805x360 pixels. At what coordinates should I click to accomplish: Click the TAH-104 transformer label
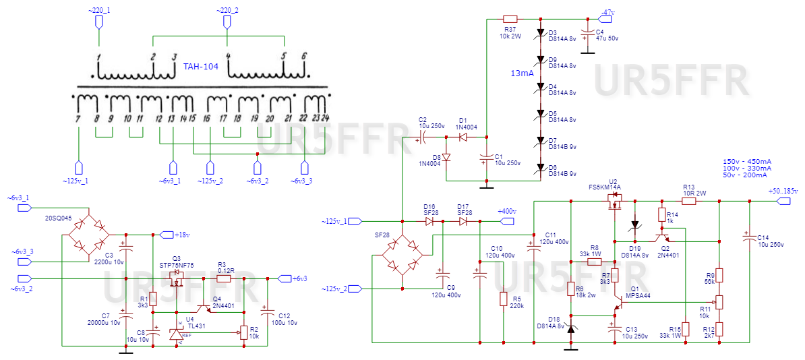(x=201, y=67)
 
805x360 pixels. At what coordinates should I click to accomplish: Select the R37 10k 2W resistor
(x=510, y=19)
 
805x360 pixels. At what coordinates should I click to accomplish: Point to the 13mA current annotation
(x=523, y=72)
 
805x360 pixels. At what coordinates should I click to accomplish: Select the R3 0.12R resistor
(x=226, y=278)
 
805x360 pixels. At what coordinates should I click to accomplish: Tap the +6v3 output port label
(x=297, y=278)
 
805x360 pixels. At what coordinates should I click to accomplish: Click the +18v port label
(x=182, y=235)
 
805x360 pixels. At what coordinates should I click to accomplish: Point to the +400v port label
(x=506, y=212)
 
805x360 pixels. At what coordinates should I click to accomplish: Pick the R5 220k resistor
(x=503, y=298)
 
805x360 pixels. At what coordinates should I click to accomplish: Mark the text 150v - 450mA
(x=747, y=162)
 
